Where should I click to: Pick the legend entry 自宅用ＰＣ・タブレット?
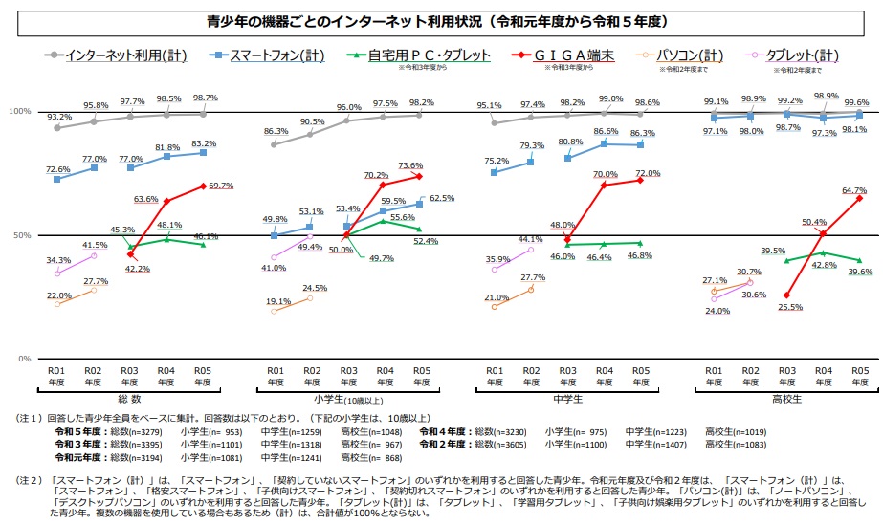coord(431,56)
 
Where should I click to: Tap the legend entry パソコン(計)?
coord(692,56)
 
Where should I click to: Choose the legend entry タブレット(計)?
coord(812,56)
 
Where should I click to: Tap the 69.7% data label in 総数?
coord(220,186)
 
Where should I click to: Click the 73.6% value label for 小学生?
coord(437,165)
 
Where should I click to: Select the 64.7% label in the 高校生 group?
coord(854,190)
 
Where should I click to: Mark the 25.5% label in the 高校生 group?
coord(790,307)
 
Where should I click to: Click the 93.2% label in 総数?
coord(58,116)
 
